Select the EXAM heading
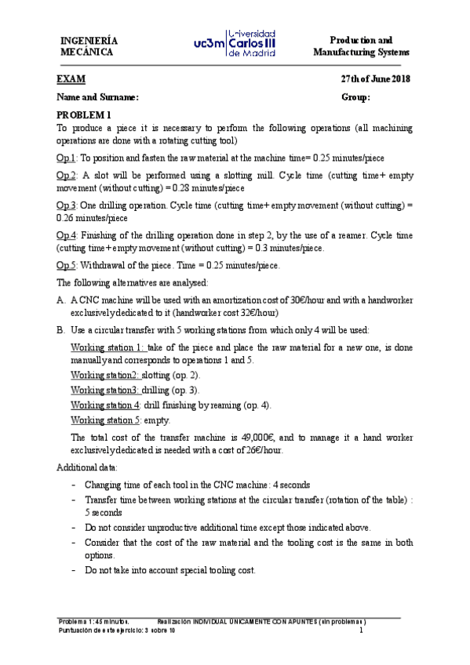(71, 79)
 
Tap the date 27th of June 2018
(375, 79)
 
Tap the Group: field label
(355, 97)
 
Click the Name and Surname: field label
(97, 97)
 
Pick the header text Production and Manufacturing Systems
(361, 45)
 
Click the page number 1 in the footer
(360, 631)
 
